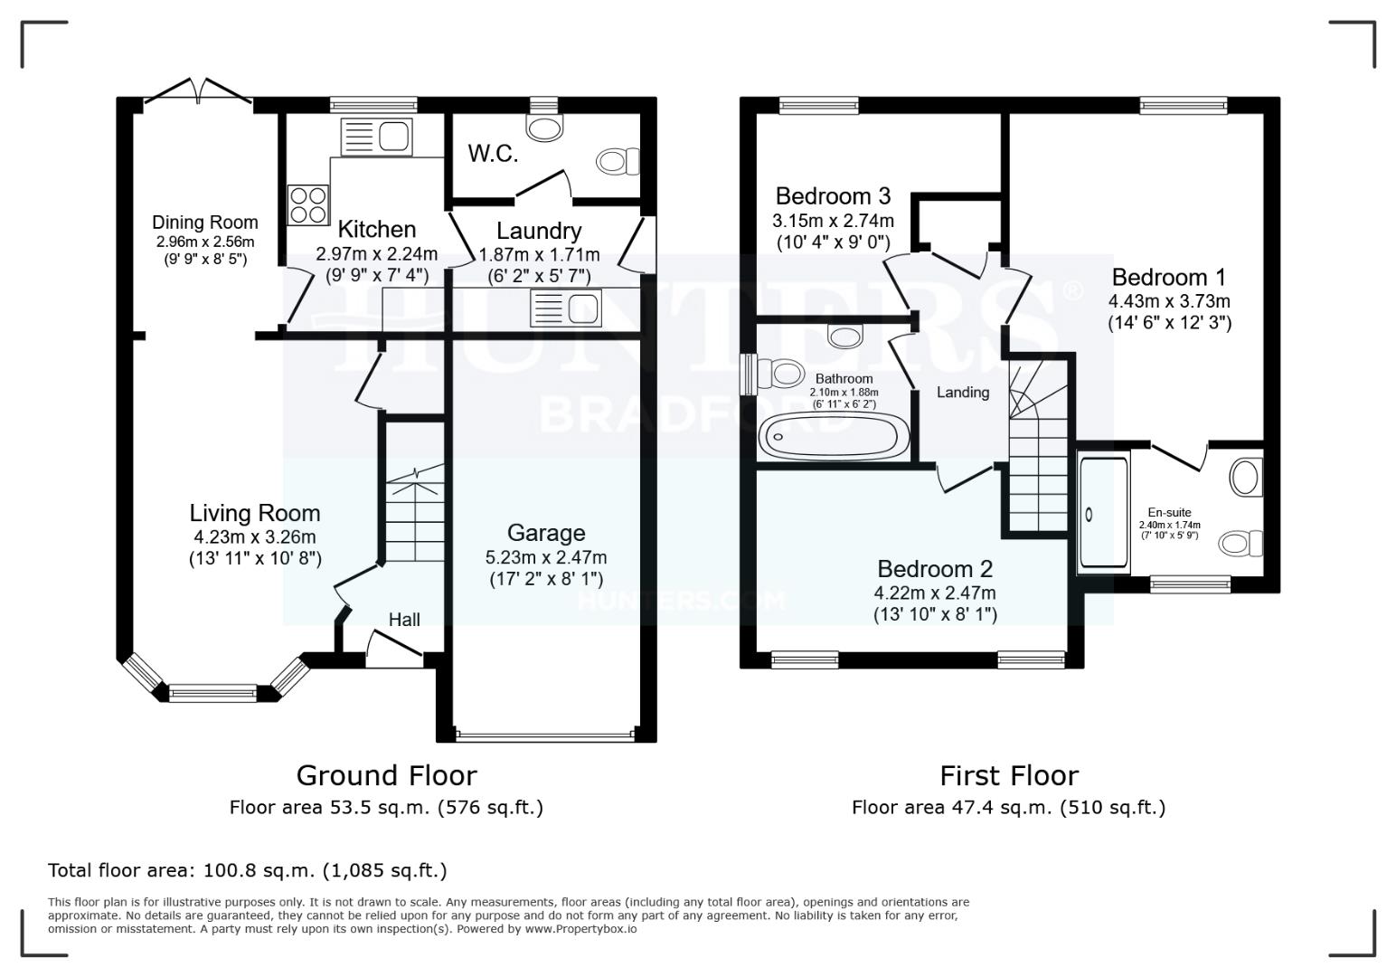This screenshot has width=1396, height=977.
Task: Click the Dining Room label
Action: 204,223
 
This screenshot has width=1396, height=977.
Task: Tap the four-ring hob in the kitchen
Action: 307,204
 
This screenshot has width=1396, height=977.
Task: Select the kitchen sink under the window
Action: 376,137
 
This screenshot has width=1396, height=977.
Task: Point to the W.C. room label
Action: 493,154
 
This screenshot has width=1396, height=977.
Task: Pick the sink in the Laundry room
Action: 567,308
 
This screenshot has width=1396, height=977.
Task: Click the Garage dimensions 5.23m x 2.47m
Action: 546,557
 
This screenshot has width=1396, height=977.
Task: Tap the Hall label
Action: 404,620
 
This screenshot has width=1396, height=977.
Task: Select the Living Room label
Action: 255,513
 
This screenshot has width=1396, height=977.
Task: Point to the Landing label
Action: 962,393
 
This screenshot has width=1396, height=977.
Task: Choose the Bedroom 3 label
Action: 833,196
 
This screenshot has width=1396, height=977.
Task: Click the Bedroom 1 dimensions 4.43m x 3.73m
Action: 1170,301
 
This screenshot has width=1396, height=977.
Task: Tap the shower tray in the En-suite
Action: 1103,514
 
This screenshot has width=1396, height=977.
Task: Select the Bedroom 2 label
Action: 935,569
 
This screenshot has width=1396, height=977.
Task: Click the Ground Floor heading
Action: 386,775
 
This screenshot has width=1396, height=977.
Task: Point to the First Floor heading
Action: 1009,775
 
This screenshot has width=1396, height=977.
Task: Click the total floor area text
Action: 248,870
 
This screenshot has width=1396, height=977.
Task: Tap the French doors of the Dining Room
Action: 199,93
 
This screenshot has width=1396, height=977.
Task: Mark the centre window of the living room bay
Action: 212,694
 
